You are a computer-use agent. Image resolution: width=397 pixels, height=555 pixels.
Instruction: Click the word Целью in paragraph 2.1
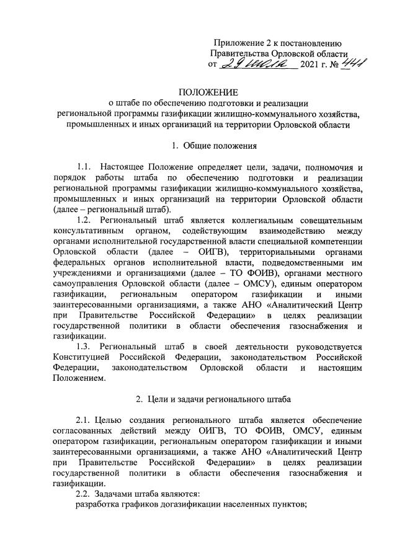point(117,420)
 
